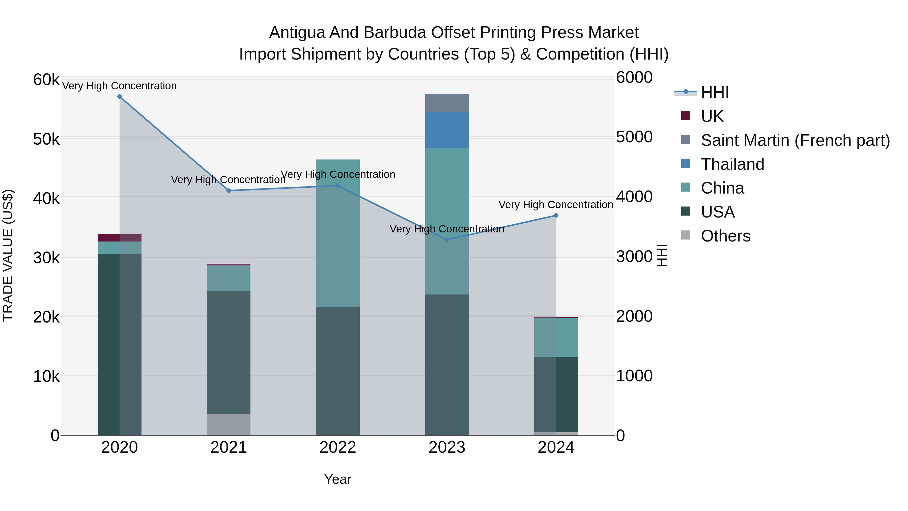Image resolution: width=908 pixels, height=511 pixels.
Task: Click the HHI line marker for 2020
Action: [x=120, y=97]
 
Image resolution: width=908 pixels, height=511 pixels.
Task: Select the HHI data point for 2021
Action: [x=229, y=191]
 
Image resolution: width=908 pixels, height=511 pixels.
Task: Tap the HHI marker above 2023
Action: [x=447, y=240]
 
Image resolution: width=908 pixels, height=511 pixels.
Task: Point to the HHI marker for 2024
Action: [x=556, y=216]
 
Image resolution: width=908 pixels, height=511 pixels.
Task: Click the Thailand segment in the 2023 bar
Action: [x=447, y=130]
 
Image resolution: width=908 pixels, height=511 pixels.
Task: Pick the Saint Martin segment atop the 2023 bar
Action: [x=447, y=103]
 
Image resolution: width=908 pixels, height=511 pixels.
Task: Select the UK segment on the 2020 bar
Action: [x=120, y=238]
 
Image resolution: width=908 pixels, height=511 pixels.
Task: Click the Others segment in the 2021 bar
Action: [x=229, y=425]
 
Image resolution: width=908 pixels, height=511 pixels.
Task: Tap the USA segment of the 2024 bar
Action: [x=556, y=395]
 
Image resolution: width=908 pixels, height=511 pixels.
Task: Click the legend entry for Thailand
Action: [x=732, y=164]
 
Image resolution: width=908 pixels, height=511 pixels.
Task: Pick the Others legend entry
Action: [x=725, y=236]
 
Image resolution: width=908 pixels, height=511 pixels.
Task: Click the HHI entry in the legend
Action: [x=715, y=92]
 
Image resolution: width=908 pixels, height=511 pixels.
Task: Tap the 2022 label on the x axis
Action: [x=338, y=447]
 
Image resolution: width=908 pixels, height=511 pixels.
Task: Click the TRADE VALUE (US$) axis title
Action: [x=8, y=255]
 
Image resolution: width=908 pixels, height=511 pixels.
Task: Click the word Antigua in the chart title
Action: [x=297, y=33]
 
